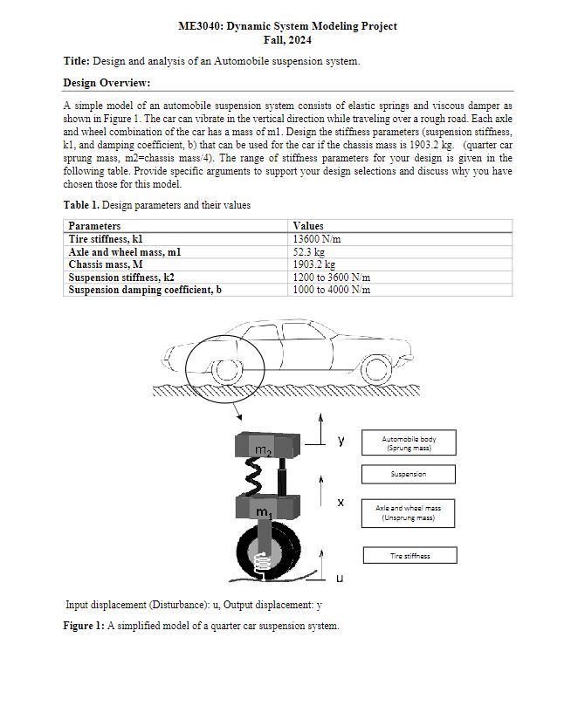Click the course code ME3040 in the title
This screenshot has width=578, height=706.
200,26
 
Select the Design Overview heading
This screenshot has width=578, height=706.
107,83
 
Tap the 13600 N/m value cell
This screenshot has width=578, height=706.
316,238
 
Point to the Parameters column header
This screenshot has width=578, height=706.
94,226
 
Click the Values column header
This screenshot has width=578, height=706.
309,226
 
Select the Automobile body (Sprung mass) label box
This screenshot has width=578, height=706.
409,443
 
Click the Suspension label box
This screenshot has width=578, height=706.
409,475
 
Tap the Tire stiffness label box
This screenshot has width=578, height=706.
409,555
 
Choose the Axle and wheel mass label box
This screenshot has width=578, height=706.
409,513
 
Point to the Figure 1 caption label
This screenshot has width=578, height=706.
85,626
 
